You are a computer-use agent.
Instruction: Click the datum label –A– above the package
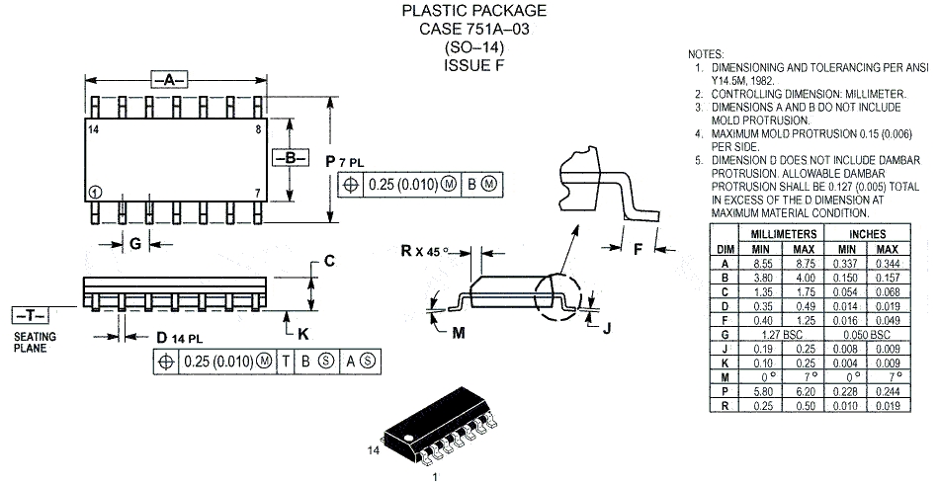click(169, 78)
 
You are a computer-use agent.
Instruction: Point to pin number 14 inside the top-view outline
click(93, 129)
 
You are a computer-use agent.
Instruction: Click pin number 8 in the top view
click(258, 129)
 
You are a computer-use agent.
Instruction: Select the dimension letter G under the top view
click(135, 243)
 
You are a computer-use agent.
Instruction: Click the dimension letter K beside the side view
click(302, 332)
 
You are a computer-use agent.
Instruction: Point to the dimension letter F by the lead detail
click(637, 249)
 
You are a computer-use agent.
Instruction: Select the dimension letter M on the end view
click(459, 333)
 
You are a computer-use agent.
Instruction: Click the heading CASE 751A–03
click(473, 29)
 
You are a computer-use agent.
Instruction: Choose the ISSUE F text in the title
click(473, 65)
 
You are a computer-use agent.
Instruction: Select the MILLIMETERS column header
click(780, 232)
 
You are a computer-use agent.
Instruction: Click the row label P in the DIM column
click(725, 392)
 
